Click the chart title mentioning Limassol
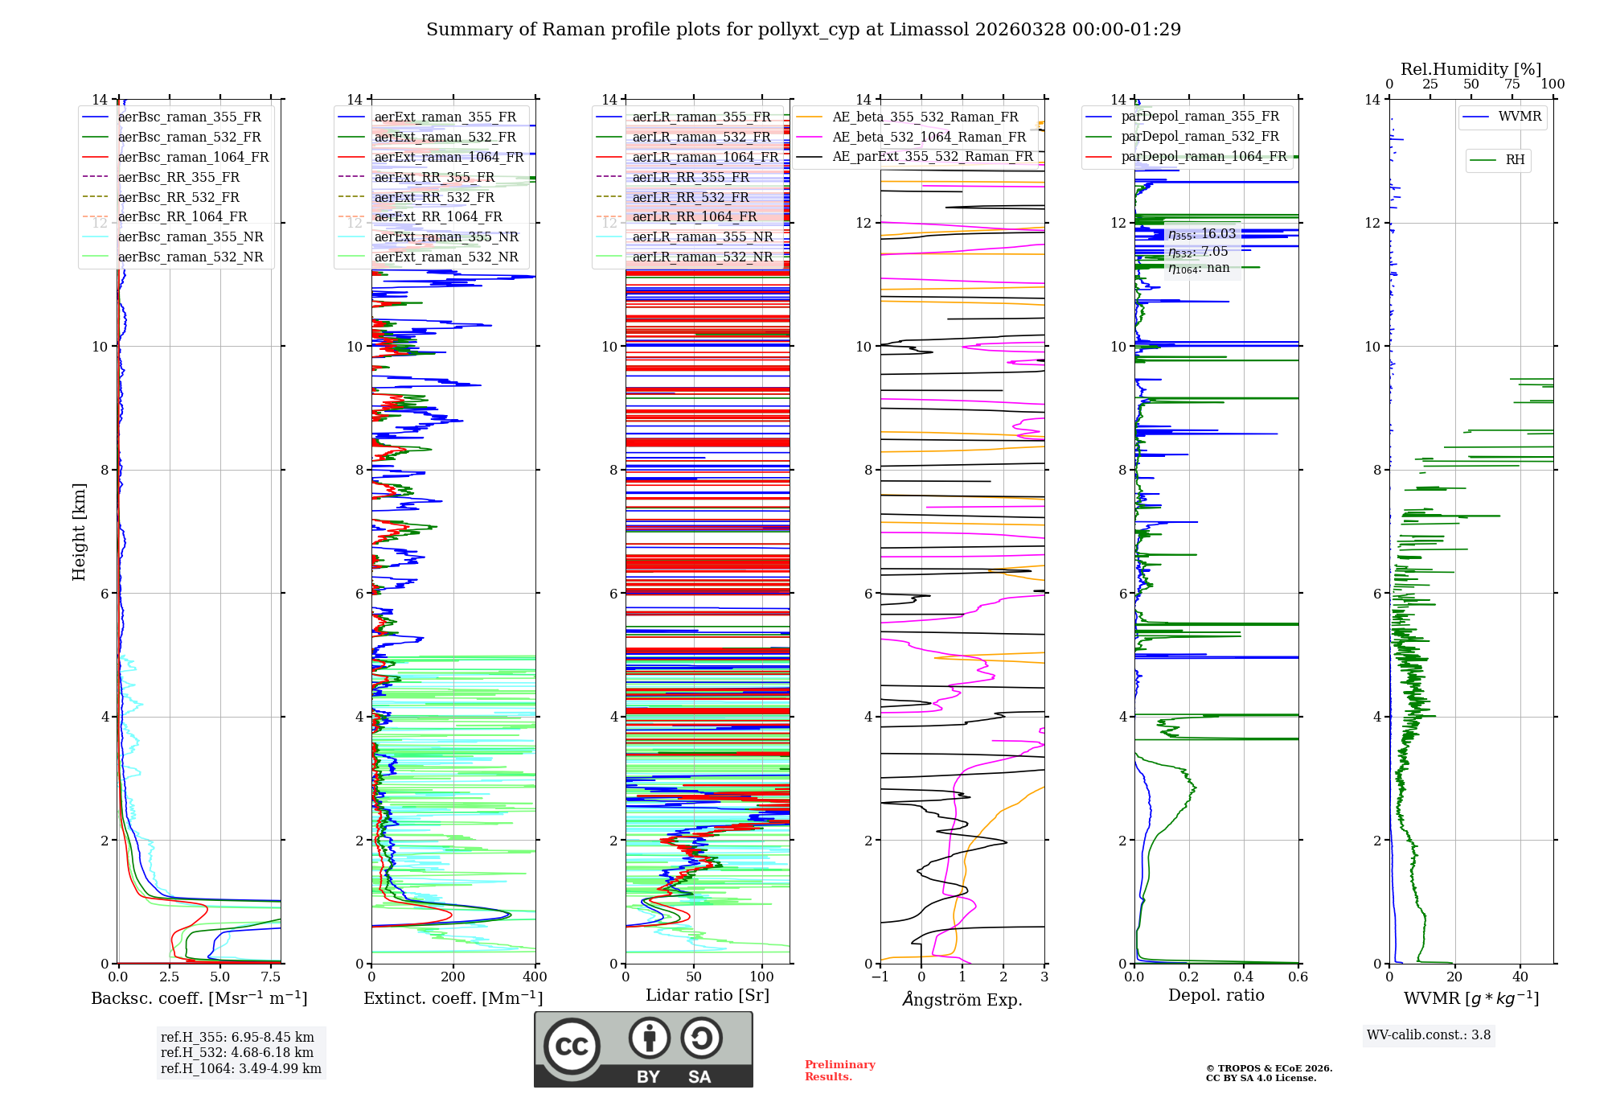(x=803, y=30)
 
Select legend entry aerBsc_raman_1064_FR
(x=193, y=158)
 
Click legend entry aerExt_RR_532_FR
(x=434, y=197)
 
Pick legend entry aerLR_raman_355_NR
(x=702, y=237)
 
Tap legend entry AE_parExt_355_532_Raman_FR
(x=932, y=157)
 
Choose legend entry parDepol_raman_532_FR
(x=1200, y=137)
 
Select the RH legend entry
(x=1515, y=160)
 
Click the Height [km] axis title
(x=79, y=532)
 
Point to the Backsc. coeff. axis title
(x=199, y=998)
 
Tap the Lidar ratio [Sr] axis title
(x=708, y=995)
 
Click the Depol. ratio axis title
(x=1216, y=995)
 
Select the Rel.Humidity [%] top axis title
(x=1471, y=69)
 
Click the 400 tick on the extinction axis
(x=535, y=977)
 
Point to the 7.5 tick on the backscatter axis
(x=271, y=977)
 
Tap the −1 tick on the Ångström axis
(x=880, y=977)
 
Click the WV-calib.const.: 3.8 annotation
(x=1428, y=1035)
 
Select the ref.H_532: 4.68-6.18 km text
(x=237, y=1053)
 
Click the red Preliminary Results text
(x=839, y=1071)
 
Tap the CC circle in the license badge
(x=572, y=1046)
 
